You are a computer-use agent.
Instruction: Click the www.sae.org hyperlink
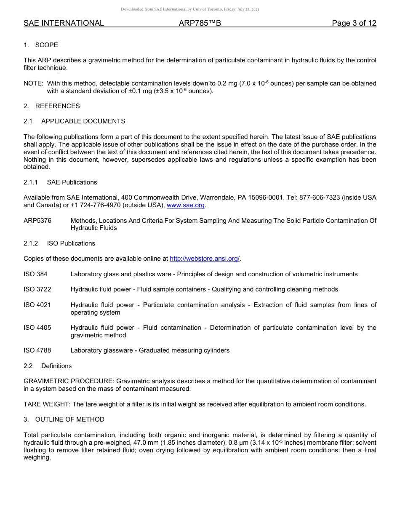pyautogui.click(x=186, y=205)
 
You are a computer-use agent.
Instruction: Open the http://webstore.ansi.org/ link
pyautogui.click(x=204, y=259)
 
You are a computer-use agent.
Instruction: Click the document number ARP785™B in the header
pyautogui.click(x=200, y=23)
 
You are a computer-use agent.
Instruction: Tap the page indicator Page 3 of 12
pyautogui.click(x=354, y=23)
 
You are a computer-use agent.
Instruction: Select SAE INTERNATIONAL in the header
pyautogui.click(x=64, y=23)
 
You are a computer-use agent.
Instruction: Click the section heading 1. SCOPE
pyautogui.click(x=41, y=45)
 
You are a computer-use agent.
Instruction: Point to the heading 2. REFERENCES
pyautogui.click(x=51, y=106)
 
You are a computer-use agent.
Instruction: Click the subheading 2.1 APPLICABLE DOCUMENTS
pyautogui.click(x=75, y=121)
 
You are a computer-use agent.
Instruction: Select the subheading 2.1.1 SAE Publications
pyautogui.click(x=60, y=182)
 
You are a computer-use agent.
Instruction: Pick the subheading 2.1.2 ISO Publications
pyautogui.click(x=59, y=243)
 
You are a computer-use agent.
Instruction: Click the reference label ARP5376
pyautogui.click(x=37, y=221)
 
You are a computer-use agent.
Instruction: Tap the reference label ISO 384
pyautogui.click(x=35, y=274)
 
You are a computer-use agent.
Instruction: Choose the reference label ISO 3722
pyautogui.click(x=37, y=289)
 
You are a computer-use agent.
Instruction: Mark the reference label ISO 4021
pyautogui.click(x=37, y=305)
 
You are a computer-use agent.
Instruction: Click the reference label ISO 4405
pyautogui.click(x=37, y=328)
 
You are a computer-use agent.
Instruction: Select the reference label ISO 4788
pyautogui.click(x=37, y=350)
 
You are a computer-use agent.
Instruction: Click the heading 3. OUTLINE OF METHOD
pyautogui.click(x=64, y=419)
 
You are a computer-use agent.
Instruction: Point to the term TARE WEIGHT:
pyautogui.click(x=47, y=404)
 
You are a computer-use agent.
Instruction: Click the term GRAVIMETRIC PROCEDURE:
pyautogui.click(x=69, y=381)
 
